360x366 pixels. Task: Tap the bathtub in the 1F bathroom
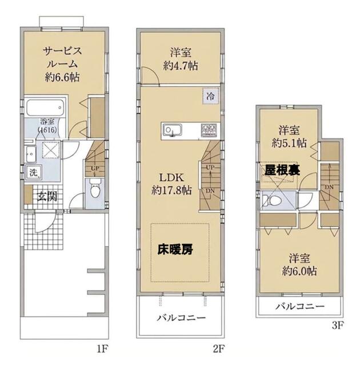pyautogui.click(x=45, y=108)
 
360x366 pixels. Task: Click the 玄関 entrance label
pyautogui.click(x=47, y=197)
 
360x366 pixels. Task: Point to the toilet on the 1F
pyautogui.click(x=95, y=190)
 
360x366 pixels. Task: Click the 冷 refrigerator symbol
pyautogui.click(x=210, y=96)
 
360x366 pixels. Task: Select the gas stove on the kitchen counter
pyautogui.click(x=209, y=130)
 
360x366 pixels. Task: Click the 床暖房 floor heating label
pyautogui.click(x=175, y=249)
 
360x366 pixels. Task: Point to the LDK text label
pyautogui.click(x=171, y=178)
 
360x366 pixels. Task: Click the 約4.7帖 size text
pyautogui.click(x=181, y=66)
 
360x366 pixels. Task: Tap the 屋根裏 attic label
pyautogui.click(x=282, y=170)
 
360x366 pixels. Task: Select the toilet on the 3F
pyautogui.click(x=270, y=200)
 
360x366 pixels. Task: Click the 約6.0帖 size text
pyautogui.click(x=299, y=271)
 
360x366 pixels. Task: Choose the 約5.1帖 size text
pyautogui.click(x=289, y=143)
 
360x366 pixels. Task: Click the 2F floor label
pyautogui.click(x=218, y=349)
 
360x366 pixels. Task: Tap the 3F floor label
pyautogui.click(x=338, y=325)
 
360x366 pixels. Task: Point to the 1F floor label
pyautogui.click(x=102, y=349)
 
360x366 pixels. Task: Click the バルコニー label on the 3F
pyautogui.click(x=300, y=307)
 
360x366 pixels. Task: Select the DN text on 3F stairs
pyautogui.click(x=329, y=187)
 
